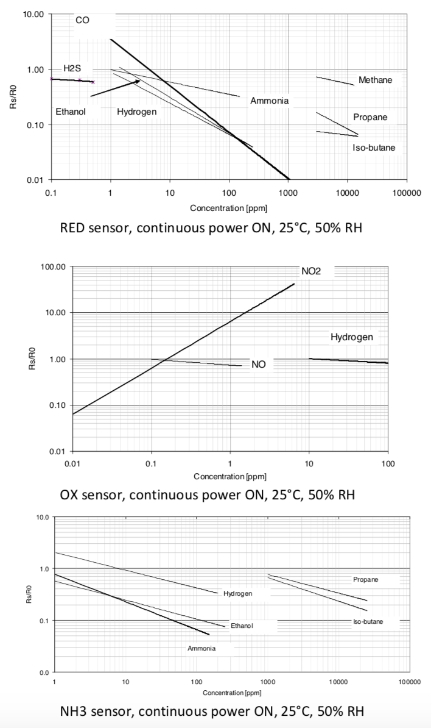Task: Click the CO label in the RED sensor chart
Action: tap(82, 21)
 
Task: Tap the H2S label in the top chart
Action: tap(72, 68)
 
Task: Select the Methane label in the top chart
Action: tap(375, 80)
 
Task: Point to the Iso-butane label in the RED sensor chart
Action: tap(374, 148)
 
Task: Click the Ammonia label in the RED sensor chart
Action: tap(269, 101)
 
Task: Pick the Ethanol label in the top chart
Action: tap(71, 112)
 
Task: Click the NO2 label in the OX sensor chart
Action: tap(310, 271)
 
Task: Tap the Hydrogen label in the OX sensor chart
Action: tap(351, 337)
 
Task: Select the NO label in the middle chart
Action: tap(258, 365)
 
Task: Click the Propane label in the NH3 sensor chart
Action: tap(365, 579)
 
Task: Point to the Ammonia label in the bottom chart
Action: tap(201, 648)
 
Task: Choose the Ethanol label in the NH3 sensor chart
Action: tap(242, 626)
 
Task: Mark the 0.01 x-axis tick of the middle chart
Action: tap(72, 464)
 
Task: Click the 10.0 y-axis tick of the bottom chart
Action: tap(43, 517)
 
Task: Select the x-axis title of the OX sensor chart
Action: tap(230, 476)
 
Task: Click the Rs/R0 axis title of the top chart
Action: tap(13, 97)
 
